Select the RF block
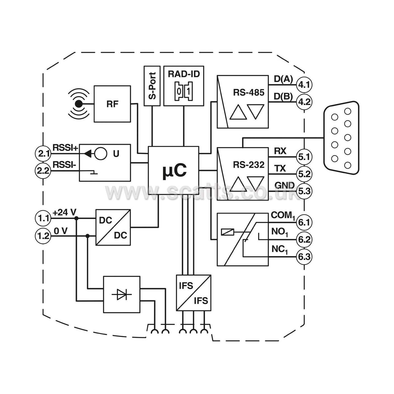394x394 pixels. pos(112,104)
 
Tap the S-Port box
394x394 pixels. pos(152,86)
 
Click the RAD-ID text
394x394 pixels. pos(184,74)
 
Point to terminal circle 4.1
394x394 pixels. pos(304,85)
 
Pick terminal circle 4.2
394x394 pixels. pos(304,102)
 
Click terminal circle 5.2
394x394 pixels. pos(304,174)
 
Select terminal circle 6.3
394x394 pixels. pos(304,257)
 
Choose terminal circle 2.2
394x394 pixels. pos(43,171)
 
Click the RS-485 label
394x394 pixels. pos(249,93)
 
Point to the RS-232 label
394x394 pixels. pos(249,165)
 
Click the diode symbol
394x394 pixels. pos(122,295)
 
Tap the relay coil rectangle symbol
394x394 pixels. pos(228,232)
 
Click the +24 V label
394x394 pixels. pos(64,213)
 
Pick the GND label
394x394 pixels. pos(284,185)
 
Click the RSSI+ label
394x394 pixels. pos(65,148)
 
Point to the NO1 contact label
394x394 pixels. pos(280,232)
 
